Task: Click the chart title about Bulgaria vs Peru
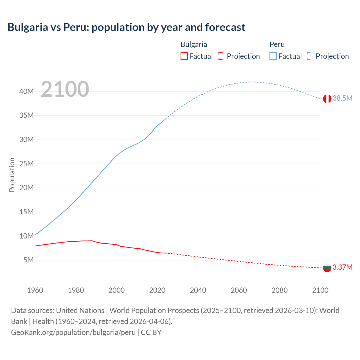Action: (x=126, y=27)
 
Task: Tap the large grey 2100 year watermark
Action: (x=65, y=89)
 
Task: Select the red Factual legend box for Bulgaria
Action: (x=184, y=56)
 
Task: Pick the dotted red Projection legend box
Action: (x=222, y=56)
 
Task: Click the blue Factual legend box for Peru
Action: (x=273, y=56)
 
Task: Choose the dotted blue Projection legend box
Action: (x=310, y=56)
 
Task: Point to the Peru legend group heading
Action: (x=277, y=44)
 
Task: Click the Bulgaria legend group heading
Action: (x=194, y=44)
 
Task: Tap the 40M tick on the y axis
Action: (x=26, y=91)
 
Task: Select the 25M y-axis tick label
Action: (x=26, y=164)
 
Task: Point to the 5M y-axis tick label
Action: (x=28, y=260)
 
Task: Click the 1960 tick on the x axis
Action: (x=35, y=290)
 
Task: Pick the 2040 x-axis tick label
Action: (x=198, y=290)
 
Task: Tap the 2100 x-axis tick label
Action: (x=320, y=290)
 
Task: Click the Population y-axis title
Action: (x=12, y=175)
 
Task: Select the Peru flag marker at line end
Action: (x=327, y=99)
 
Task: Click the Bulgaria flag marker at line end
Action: (x=327, y=268)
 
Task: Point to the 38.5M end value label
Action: (x=342, y=98)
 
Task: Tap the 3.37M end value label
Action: (x=342, y=267)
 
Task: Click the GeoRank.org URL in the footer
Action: (x=73, y=332)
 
